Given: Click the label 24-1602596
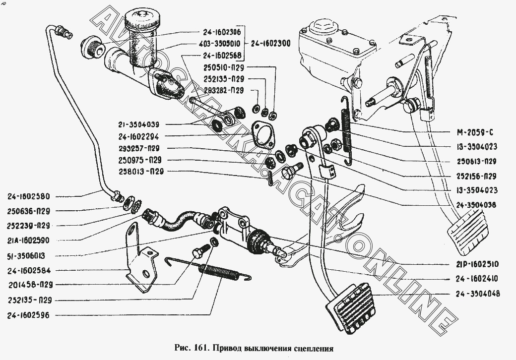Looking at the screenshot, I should coord(31,315).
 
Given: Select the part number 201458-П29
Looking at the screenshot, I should coord(30,285).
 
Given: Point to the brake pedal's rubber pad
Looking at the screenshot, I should coord(470,232).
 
